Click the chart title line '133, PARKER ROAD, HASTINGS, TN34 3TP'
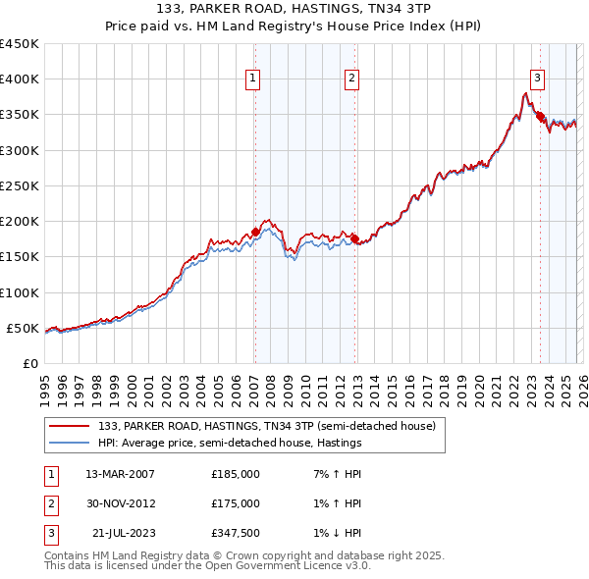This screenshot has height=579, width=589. point(294,8)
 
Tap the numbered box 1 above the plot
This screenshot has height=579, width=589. point(253,79)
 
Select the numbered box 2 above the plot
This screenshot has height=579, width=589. point(351,79)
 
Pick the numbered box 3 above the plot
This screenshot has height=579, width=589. point(537,79)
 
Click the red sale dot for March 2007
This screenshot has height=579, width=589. point(255,233)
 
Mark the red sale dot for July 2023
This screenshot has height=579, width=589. point(540,116)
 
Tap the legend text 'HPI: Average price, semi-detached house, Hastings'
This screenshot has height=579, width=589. point(230,443)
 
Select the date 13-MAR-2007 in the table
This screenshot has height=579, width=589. point(120,474)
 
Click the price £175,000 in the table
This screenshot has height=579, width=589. point(235,503)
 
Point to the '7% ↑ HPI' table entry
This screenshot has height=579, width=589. point(334,474)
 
